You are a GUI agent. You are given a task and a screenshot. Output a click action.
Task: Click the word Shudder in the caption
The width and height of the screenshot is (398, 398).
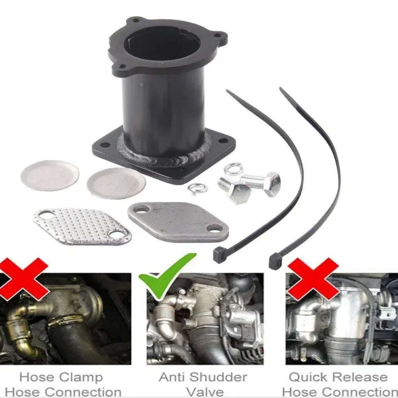pos(218,377)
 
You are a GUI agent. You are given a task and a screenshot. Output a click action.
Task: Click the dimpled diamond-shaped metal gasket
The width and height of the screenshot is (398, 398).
pos(82,227)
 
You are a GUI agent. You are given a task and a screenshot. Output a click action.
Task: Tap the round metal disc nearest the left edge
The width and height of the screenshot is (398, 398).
pos(50,176)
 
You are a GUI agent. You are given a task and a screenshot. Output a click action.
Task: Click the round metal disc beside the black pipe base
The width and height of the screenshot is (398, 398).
pos(116,183)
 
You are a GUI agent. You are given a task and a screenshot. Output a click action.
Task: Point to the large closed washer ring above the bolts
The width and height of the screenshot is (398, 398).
pos(234,169)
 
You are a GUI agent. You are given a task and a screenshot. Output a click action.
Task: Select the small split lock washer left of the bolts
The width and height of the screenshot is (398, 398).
pos(198,189)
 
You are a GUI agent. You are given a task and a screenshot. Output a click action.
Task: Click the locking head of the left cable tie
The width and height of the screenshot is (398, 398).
pos(219,255)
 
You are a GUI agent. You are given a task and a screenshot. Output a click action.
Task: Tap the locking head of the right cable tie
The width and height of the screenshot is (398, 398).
pos(275,261)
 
